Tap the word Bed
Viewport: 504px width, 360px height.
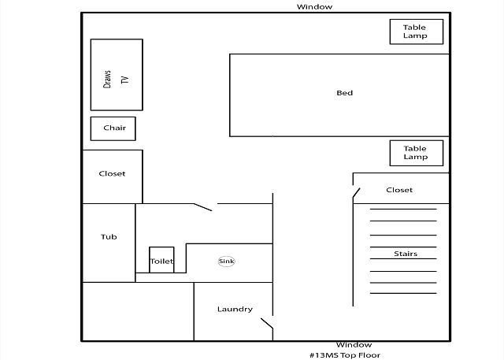pos(344,93)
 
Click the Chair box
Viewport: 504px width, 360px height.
pos(114,128)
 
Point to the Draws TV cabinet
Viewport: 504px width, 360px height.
pos(116,75)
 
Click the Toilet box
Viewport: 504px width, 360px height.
pos(161,261)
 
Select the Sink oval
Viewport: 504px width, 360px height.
pos(227,261)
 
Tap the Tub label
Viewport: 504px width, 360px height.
pos(109,236)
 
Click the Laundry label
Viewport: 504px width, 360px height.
pos(235,309)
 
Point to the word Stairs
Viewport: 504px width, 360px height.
pos(405,254)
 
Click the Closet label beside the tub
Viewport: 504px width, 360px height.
pos(112,174)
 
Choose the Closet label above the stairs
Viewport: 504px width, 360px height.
pos(399,190)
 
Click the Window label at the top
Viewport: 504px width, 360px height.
pos(314,6)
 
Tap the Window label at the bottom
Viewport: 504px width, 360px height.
pos(354,345)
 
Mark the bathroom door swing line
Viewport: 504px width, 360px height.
pos(203,207)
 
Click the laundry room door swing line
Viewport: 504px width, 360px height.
pos(267,323)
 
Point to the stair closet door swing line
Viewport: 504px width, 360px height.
pos(357,192)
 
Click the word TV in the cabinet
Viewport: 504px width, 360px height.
pos(124,80)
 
